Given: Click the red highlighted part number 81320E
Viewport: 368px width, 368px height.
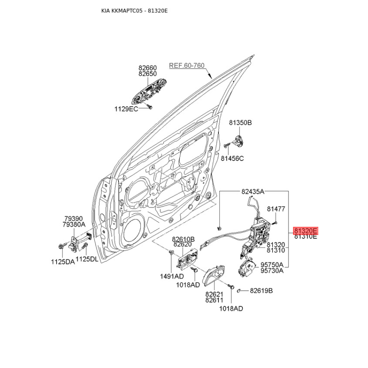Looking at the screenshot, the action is pos(305,230).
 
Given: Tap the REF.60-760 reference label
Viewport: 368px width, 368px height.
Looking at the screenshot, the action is pos(187,65).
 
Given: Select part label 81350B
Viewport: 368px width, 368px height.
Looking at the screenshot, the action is pos(240,122).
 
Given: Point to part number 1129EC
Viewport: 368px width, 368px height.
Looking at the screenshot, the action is pos(126,109).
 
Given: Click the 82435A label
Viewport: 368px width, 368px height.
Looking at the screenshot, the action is pos(253,192).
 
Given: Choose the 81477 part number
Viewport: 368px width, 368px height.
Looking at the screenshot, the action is pos(276,209).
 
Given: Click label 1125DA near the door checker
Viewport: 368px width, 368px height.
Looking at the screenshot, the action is pos(63,262).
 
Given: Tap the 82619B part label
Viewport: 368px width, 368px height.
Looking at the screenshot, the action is pos(261,291).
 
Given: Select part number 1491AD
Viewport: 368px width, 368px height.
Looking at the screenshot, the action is pos(172,276).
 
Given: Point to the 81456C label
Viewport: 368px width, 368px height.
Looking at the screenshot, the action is pos(232,159).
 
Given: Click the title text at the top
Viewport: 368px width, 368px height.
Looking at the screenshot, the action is pos(134,11).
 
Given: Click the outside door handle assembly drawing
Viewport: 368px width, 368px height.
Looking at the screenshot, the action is pos(149,92).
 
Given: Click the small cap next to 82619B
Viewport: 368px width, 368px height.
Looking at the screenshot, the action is pos(239,291).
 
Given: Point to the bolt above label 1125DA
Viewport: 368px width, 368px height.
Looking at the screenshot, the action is pos(61,247).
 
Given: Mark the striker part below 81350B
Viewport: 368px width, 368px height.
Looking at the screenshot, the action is pos(238,142).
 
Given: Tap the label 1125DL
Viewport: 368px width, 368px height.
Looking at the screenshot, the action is pos(87,259).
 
